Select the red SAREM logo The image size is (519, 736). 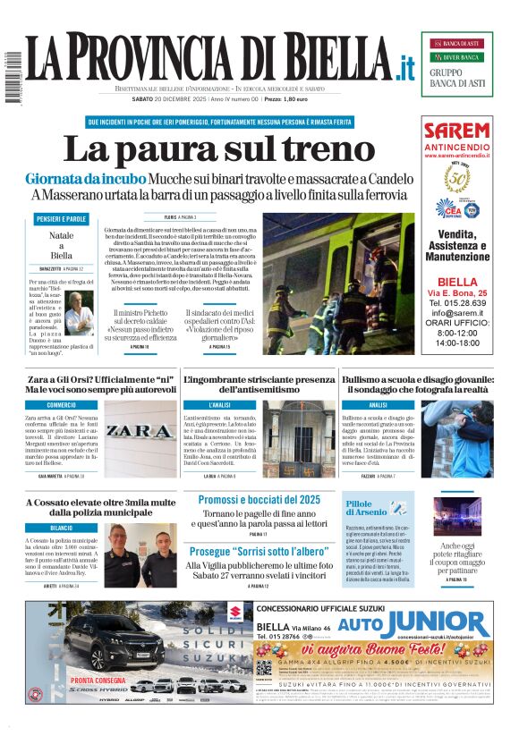456,131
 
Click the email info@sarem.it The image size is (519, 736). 456,313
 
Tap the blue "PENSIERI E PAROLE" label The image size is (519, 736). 62,219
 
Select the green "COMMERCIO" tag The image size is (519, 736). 62,405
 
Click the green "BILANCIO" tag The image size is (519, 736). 62,528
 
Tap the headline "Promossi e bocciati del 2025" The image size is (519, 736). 259,499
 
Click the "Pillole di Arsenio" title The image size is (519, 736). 365,508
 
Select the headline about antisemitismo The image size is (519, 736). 259,385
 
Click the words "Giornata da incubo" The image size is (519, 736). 86,179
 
